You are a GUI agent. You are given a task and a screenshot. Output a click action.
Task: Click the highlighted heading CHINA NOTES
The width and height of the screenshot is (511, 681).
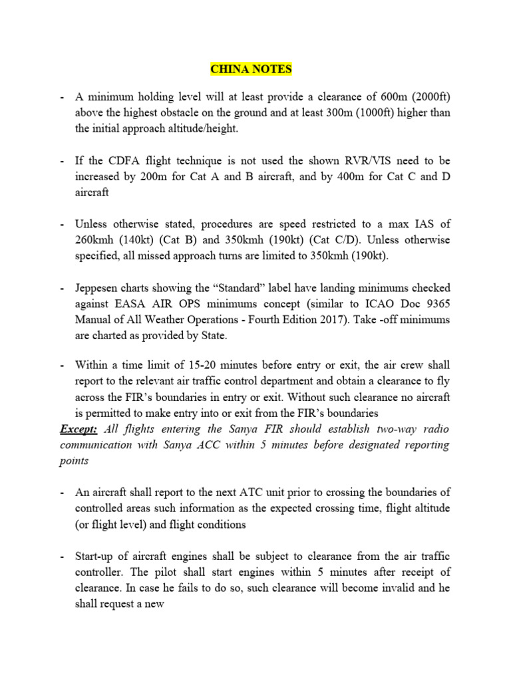pos(251,69)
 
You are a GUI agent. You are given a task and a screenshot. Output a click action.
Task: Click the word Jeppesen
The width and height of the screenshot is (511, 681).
pos(100,287)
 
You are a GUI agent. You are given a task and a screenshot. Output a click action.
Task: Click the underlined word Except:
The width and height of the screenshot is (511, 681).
pos(79,429)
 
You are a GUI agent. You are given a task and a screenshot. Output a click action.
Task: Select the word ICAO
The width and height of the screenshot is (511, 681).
pos(367,303)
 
